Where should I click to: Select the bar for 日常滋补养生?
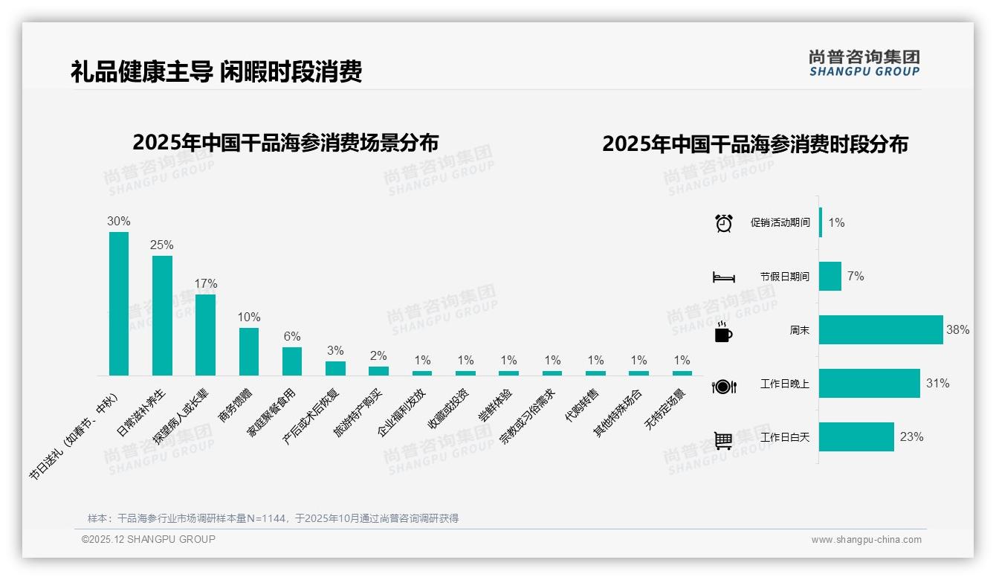(x=162, y=315)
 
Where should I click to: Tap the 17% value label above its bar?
(x=206, y=283)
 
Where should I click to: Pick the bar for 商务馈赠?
(x=249, y=351)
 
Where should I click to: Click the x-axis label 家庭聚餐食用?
(x=272, y=411)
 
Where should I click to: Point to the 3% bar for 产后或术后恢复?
(x=335, y=368)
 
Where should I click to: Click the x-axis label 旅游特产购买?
(x=358, y=412)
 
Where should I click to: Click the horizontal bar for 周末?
(x=881, y=329)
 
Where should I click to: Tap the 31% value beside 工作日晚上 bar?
(x=937, y=384)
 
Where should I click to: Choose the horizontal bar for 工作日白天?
(x=856, y=437)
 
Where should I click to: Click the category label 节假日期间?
(x=784, y=277)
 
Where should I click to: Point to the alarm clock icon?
(x=723, y=223)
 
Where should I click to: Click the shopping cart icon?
(x=723, y=440)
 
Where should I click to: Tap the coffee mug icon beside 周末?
(x=723, y=332)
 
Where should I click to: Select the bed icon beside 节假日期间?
(x=723, y=277)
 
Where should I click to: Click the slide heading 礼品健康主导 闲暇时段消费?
(x=216, y=71)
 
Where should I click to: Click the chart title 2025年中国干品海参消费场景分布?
(x=285, y=142)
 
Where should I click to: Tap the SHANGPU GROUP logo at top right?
(x=864, y=62)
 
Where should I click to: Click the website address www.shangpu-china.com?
(x=866, y=540)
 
